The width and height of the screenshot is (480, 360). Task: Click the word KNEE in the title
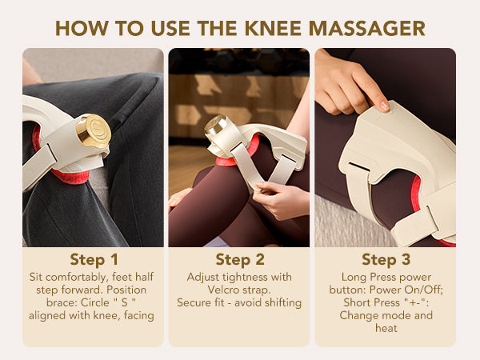point(274,29)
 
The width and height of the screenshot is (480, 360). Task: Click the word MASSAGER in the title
point(366,29)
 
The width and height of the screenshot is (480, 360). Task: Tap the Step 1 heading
point(94,259)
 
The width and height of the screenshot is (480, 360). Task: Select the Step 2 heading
point(240,259)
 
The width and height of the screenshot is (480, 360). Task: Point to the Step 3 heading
point(386,259)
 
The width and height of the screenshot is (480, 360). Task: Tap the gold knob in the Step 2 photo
point(217,126)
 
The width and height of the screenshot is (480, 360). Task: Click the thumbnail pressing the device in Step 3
point(385,106)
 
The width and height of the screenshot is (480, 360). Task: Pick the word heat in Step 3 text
point(386,328)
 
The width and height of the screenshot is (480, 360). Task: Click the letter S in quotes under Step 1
point(124,302)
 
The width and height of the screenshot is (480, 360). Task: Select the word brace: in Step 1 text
point(62,302)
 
